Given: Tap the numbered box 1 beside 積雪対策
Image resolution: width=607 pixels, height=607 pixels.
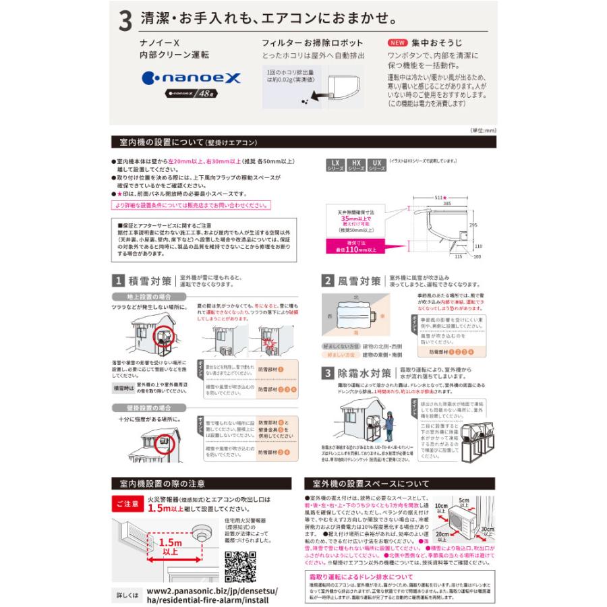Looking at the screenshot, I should click(x=117, y=281).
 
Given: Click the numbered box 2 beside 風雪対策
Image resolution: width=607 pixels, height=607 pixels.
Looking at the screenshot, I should click(x=327, y=281).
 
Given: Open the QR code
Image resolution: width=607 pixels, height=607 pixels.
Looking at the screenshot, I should click(x=239, y=565).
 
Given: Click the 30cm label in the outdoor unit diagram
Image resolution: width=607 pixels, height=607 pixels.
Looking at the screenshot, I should click(x=486, y=531).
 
